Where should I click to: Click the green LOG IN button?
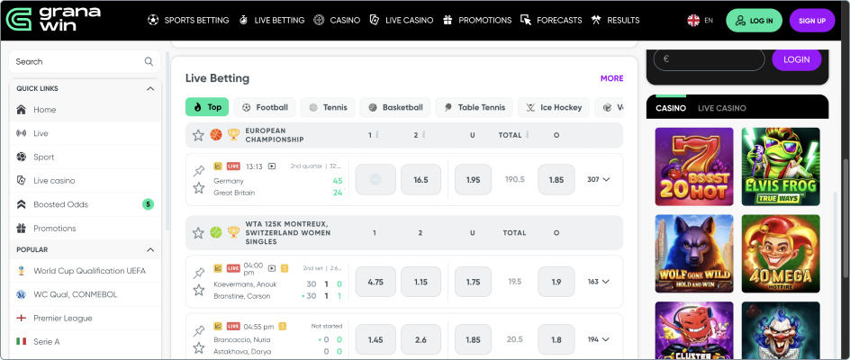tap(755, 21)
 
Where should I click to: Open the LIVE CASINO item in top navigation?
tap(402, 20)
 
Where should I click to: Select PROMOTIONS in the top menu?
tap(478, 20)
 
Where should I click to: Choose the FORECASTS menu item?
tap(552, 20)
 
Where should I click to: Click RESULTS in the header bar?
tap(616, 20)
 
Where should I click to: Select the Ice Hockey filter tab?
tap(553, 107)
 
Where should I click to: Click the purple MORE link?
tap(611, 78)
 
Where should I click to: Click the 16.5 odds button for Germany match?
tap(420, 180)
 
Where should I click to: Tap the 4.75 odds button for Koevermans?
tap(375, 282)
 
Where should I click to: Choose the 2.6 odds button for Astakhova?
tap(420, 340)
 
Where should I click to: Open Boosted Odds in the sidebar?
tap(61, 204)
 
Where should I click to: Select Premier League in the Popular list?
tap(63, 318)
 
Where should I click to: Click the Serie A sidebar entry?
tap(47, 341)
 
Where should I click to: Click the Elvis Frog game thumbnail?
tap(781, 166)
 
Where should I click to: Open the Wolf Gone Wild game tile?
tap(693, 253)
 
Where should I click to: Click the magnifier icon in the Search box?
tap(149, 62)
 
